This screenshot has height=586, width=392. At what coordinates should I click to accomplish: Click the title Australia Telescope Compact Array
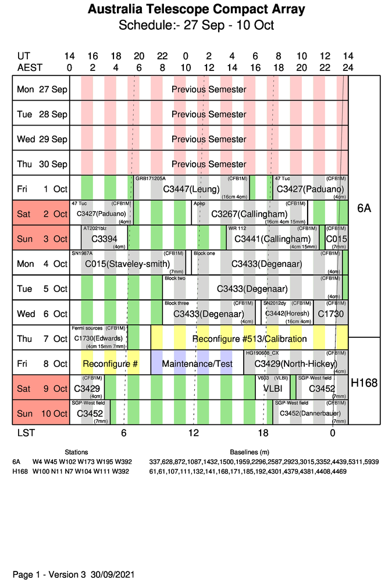click(196, 10)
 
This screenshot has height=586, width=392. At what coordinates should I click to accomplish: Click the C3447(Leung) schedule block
click(191, 189)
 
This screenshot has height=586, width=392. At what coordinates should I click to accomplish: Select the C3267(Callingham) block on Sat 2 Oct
click(250, 214)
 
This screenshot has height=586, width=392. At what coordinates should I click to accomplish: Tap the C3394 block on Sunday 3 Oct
click(104, 239)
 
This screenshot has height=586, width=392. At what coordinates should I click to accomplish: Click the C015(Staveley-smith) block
click(127, 264)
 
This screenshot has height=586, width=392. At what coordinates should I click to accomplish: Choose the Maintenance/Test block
click(197, 364)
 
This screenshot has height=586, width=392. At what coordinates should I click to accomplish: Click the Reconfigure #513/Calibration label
click(250, 339)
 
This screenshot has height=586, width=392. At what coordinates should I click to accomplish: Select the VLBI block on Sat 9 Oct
click(273, 388)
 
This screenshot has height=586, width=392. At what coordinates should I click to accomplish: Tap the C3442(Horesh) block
click(287, 313)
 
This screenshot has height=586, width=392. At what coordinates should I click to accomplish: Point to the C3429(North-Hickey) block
click(295, 364)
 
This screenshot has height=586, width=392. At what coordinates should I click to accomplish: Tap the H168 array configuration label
click(364, 383)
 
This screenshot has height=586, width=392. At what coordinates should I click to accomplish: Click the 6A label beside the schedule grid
click(364, 208)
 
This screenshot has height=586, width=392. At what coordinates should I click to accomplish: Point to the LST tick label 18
click(263, 433)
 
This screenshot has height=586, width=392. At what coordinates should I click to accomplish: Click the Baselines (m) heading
click(250, 452)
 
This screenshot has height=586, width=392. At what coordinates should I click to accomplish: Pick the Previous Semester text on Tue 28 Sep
click(209, 115)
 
